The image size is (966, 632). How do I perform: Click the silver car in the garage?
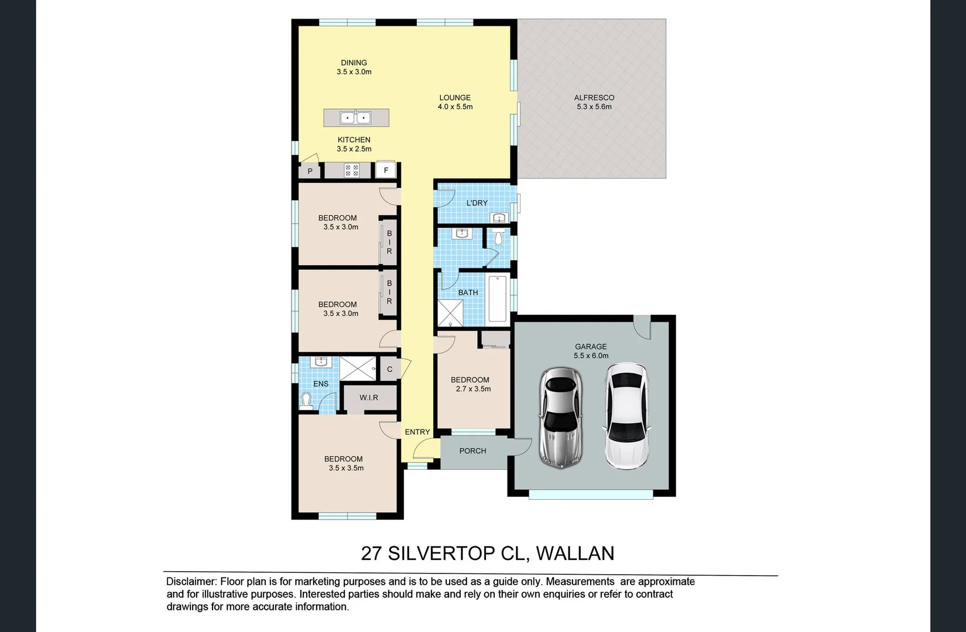click(561, 418)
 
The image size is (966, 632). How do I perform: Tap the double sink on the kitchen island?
click(355, 118)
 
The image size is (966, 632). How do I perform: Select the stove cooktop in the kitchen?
click(352, 170)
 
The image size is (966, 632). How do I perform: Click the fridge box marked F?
click(386, 170)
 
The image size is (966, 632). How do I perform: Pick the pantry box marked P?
click(310, 171)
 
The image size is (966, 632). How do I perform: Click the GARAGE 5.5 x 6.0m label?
click(591, 351)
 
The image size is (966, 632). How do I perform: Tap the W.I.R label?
click(369, 397)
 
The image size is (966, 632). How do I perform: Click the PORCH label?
click(472, 451)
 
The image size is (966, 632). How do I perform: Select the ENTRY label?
click(417, 432)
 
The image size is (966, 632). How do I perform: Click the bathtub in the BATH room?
click(497, 299)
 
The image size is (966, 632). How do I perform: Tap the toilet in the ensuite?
click(306, 400)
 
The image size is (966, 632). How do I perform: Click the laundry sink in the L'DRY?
click(499, 218)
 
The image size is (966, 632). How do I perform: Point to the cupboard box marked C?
click(390, 369)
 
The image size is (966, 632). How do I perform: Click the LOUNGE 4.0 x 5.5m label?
click(455, 102)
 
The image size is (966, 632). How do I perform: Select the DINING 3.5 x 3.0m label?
click(354, 67)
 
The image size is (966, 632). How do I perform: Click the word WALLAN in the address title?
click(575, 553)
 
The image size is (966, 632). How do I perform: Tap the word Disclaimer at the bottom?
click(191, 582)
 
